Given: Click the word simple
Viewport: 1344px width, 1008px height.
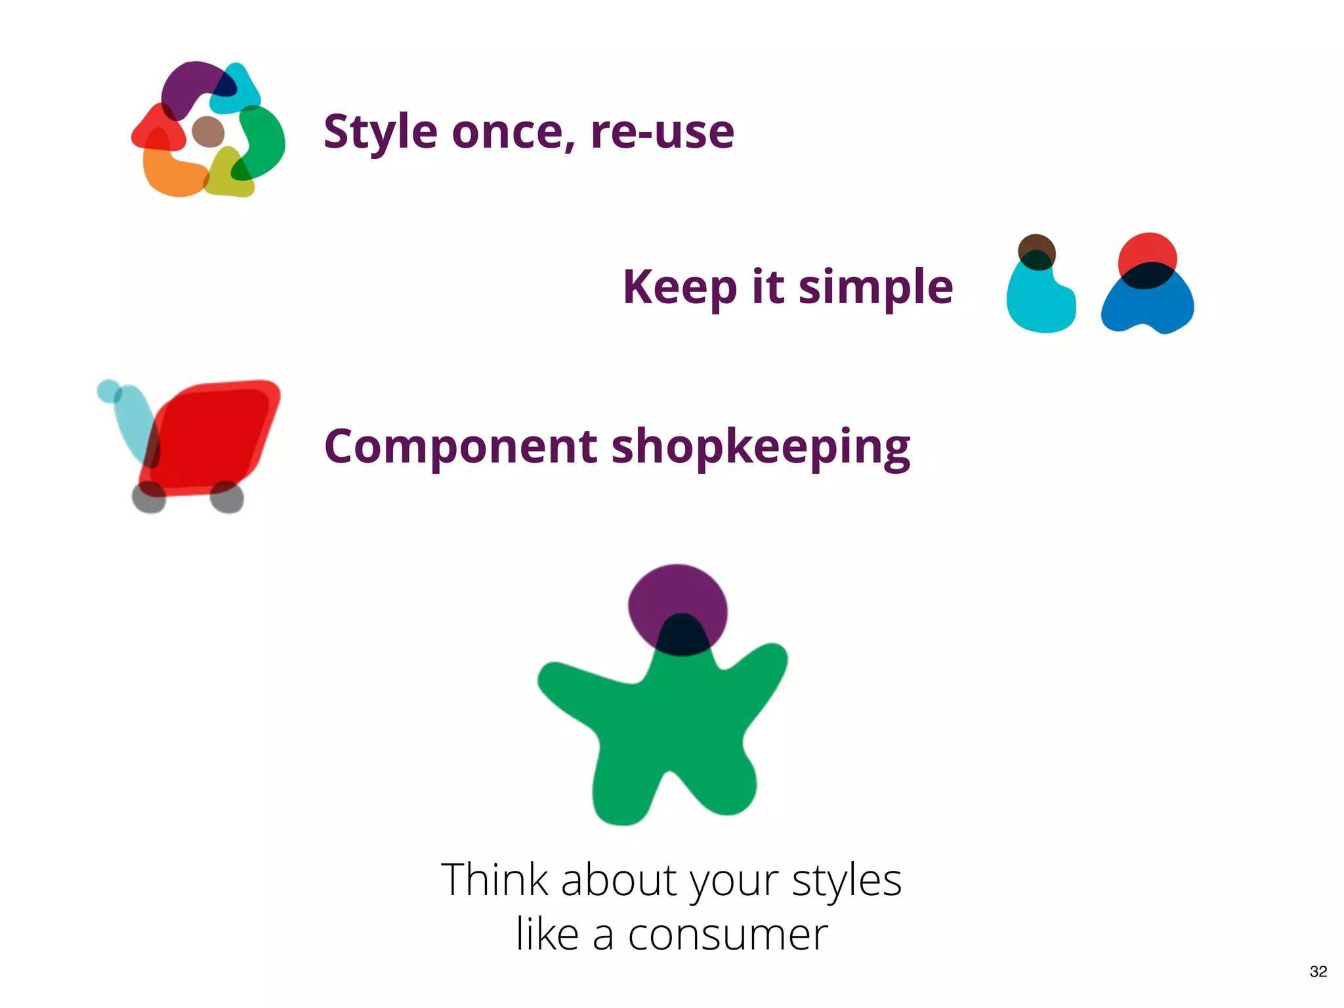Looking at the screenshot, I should click(875, 287).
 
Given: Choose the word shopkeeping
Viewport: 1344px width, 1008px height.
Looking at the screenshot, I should click(761, 447).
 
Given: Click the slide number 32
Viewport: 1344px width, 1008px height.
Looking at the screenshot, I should click(1318, 971).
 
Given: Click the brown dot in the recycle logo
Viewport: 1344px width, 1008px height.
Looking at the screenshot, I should click(208, 131).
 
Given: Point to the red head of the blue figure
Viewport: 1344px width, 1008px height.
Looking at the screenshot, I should click(1147, 249).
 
